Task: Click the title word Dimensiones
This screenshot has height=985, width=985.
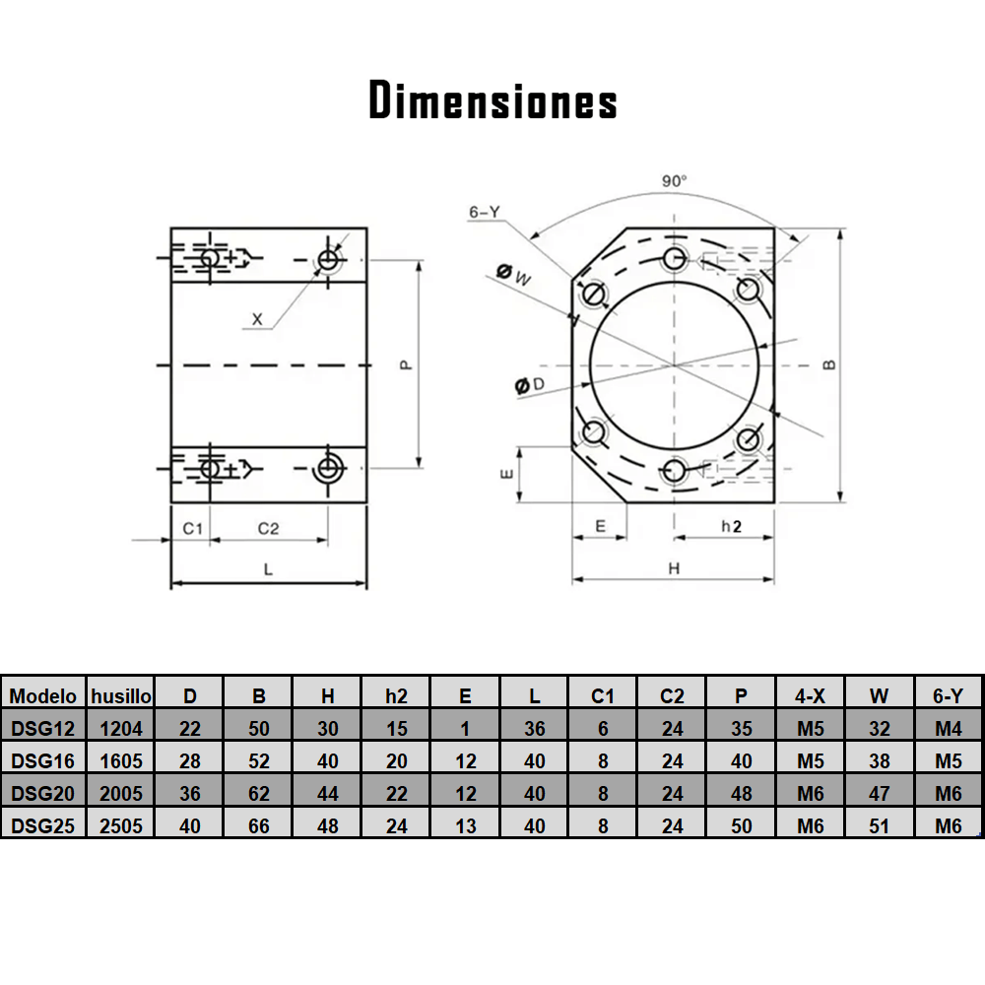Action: click(492, 100)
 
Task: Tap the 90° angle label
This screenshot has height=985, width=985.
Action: click(675, 181)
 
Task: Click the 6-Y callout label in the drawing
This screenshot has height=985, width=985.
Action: click(486, 212)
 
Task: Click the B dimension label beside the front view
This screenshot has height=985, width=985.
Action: click(830, 363)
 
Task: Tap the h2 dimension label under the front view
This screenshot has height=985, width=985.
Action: click(731, 527)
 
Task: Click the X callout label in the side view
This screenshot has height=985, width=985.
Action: click(258, 319)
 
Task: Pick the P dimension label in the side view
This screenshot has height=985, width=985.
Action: click(406, 364)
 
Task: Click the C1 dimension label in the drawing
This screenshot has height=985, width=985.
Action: click(192, 528)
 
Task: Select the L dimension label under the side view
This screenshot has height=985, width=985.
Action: click(268, 569)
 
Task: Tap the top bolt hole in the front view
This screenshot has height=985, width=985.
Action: click(675, 259)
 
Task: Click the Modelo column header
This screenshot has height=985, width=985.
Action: click(43, 695)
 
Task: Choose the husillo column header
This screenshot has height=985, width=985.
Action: click(121, 695)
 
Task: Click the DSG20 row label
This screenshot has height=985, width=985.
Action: click(43, 793)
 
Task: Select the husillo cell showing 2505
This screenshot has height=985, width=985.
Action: click(121, 825)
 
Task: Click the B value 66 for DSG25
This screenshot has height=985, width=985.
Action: click(259, 825)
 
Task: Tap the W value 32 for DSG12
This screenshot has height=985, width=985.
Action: click(880, 729)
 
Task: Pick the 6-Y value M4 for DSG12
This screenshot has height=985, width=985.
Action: click(948, 729)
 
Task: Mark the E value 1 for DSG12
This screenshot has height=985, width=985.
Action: click(466, 729)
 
